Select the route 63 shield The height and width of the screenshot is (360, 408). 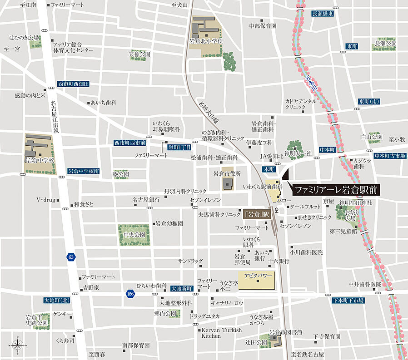click(x=70, y=257)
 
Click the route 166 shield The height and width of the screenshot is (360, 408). click(x=131, y=294)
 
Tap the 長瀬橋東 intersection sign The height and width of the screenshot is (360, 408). click(x=323, y=14)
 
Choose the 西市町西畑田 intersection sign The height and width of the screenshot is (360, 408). click(x=74, y=84)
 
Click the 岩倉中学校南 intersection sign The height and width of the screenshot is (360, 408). click(x=84, y=171)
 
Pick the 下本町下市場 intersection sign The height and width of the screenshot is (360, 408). click(x=348, y=300)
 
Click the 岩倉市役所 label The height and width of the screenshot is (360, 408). click(x=227, y=173)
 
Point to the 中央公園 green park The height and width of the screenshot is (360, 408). click(x=134, y=235)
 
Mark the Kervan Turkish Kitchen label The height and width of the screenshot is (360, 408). click(x=221, y=333)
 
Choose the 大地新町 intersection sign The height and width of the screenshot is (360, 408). click(x=182, y=288)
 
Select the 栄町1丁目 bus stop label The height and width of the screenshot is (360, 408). click(x=180, y=147)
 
